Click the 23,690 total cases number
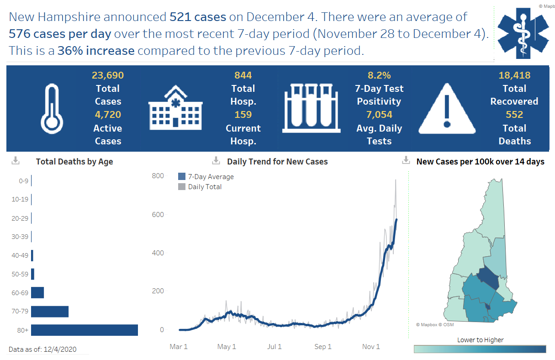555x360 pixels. [108, 75]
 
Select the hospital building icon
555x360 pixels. [175, 108]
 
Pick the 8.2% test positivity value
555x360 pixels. [379, 75]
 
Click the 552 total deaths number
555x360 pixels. [514, 115]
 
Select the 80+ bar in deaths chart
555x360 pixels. [85, 330]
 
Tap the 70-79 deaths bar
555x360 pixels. [50, 312]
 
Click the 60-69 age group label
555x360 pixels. [20, 292]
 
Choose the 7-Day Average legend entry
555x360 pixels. [206, 177]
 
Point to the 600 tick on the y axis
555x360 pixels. [158, 215]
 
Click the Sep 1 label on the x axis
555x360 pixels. [322, 347]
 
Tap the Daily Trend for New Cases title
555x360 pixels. [277, 161]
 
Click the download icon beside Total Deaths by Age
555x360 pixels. [15, 160]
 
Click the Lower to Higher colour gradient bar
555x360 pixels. [480, 349]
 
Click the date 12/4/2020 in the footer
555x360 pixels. [60, 349]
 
